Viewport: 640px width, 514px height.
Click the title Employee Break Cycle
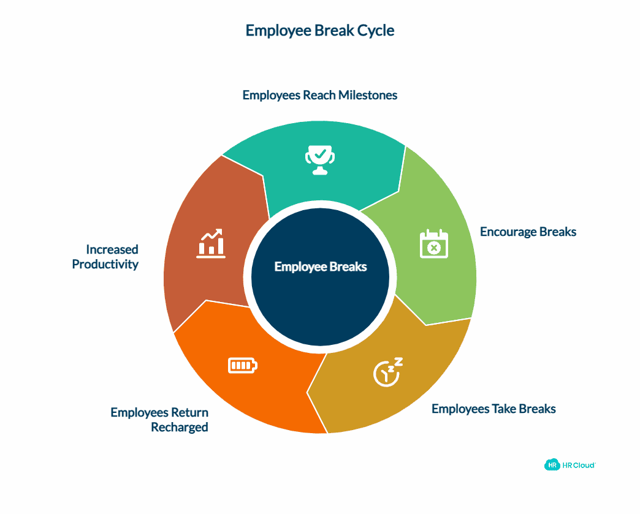(320, 31)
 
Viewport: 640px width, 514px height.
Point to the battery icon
(243, 366)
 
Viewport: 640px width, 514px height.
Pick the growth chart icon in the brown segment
(210, 243)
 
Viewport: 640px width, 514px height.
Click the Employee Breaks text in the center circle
(320, 266)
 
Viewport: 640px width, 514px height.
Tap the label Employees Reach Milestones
(320, 95)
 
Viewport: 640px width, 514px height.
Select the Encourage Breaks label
(528, 232)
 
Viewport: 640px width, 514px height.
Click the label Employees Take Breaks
(493, 409)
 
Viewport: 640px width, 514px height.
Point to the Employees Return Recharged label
(159, 420)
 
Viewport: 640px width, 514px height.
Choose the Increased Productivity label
(105, 257)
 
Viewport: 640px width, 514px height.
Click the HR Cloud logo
(570, 465)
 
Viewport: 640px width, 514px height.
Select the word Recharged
(180, 427)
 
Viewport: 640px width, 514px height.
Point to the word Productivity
(105, 265)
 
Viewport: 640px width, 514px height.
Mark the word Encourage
(508, 232)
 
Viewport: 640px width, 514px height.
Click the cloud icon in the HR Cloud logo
(552, 465)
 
